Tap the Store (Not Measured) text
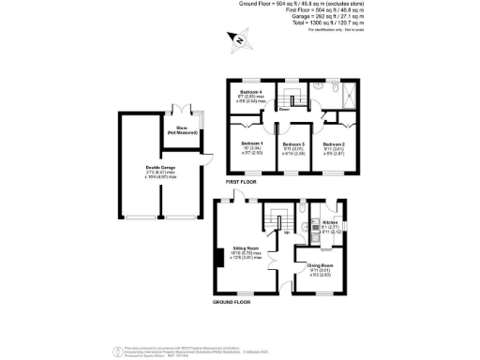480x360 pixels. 178,130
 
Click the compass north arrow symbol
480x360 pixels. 241,40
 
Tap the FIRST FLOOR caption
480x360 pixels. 242,181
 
